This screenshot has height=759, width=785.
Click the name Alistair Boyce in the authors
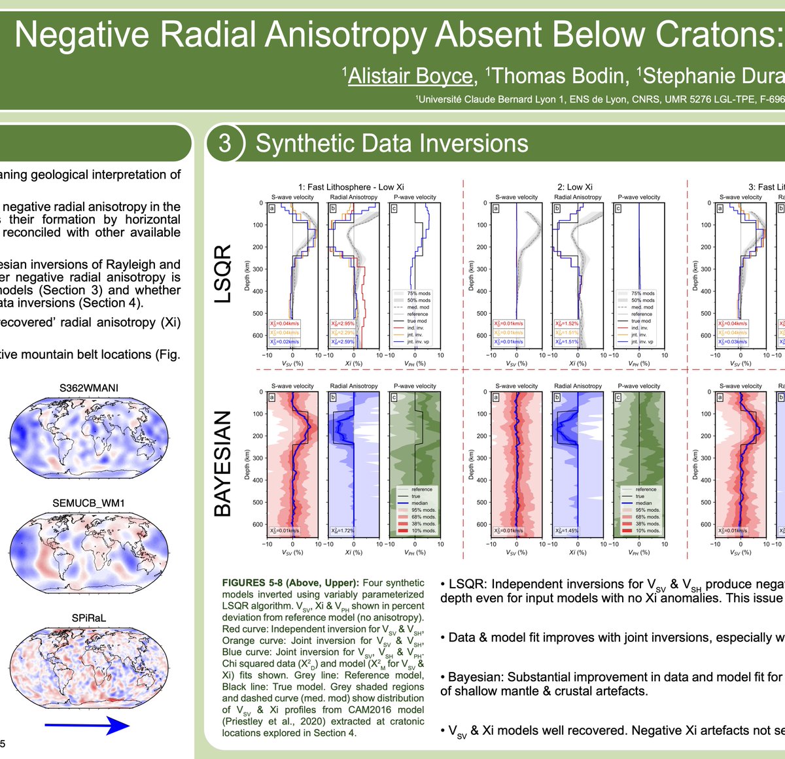(410, 76)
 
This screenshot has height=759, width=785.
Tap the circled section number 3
(225, 143)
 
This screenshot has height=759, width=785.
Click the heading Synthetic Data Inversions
(391, 143)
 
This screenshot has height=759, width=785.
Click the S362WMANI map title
(89, 388)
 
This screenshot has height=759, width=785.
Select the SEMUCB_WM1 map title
(88, 503)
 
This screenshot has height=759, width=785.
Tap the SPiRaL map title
(88, 618)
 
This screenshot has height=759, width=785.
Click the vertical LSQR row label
(224, 273)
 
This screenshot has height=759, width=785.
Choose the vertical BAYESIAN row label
(224, 464)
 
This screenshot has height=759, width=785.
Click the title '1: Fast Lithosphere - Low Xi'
(351, 187)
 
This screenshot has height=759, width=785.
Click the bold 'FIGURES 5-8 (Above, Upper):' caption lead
(290, 583)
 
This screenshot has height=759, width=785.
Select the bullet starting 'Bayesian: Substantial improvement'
(612, 677)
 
